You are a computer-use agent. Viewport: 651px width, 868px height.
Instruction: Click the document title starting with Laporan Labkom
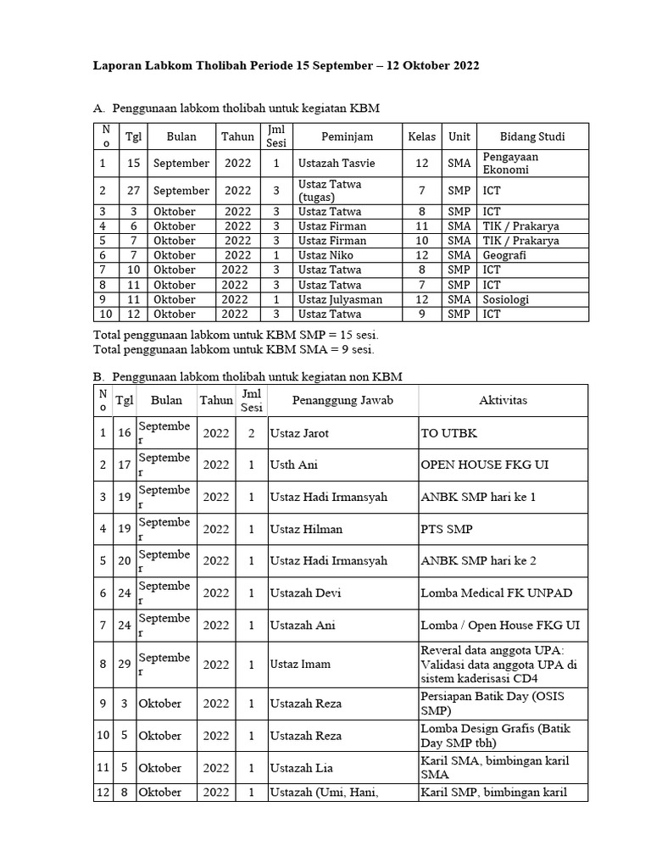[x=287, y=65]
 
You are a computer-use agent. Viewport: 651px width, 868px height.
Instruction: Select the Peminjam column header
[x=347, y=136]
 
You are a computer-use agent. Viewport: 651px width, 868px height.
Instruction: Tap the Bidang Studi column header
[x=532, y=136]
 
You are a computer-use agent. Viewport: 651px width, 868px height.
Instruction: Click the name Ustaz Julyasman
[x=340, y=299]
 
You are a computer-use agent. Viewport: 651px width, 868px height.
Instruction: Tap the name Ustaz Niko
[x=325, y=255]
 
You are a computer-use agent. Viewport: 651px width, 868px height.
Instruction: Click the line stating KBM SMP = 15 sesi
[x=236, y=335]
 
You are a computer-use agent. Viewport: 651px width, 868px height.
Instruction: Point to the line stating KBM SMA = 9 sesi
[x=233, y=348]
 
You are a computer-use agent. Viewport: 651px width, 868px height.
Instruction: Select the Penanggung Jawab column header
[x=342, y=400]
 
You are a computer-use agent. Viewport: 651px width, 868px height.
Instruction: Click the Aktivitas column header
[x=503, y=400]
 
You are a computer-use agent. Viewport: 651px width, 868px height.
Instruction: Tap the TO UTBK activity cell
[x=449, y=433]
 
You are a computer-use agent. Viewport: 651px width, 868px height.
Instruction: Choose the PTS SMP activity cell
[x=447, y=529]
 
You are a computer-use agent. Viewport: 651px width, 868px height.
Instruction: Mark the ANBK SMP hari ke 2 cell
[x=478, y=561]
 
